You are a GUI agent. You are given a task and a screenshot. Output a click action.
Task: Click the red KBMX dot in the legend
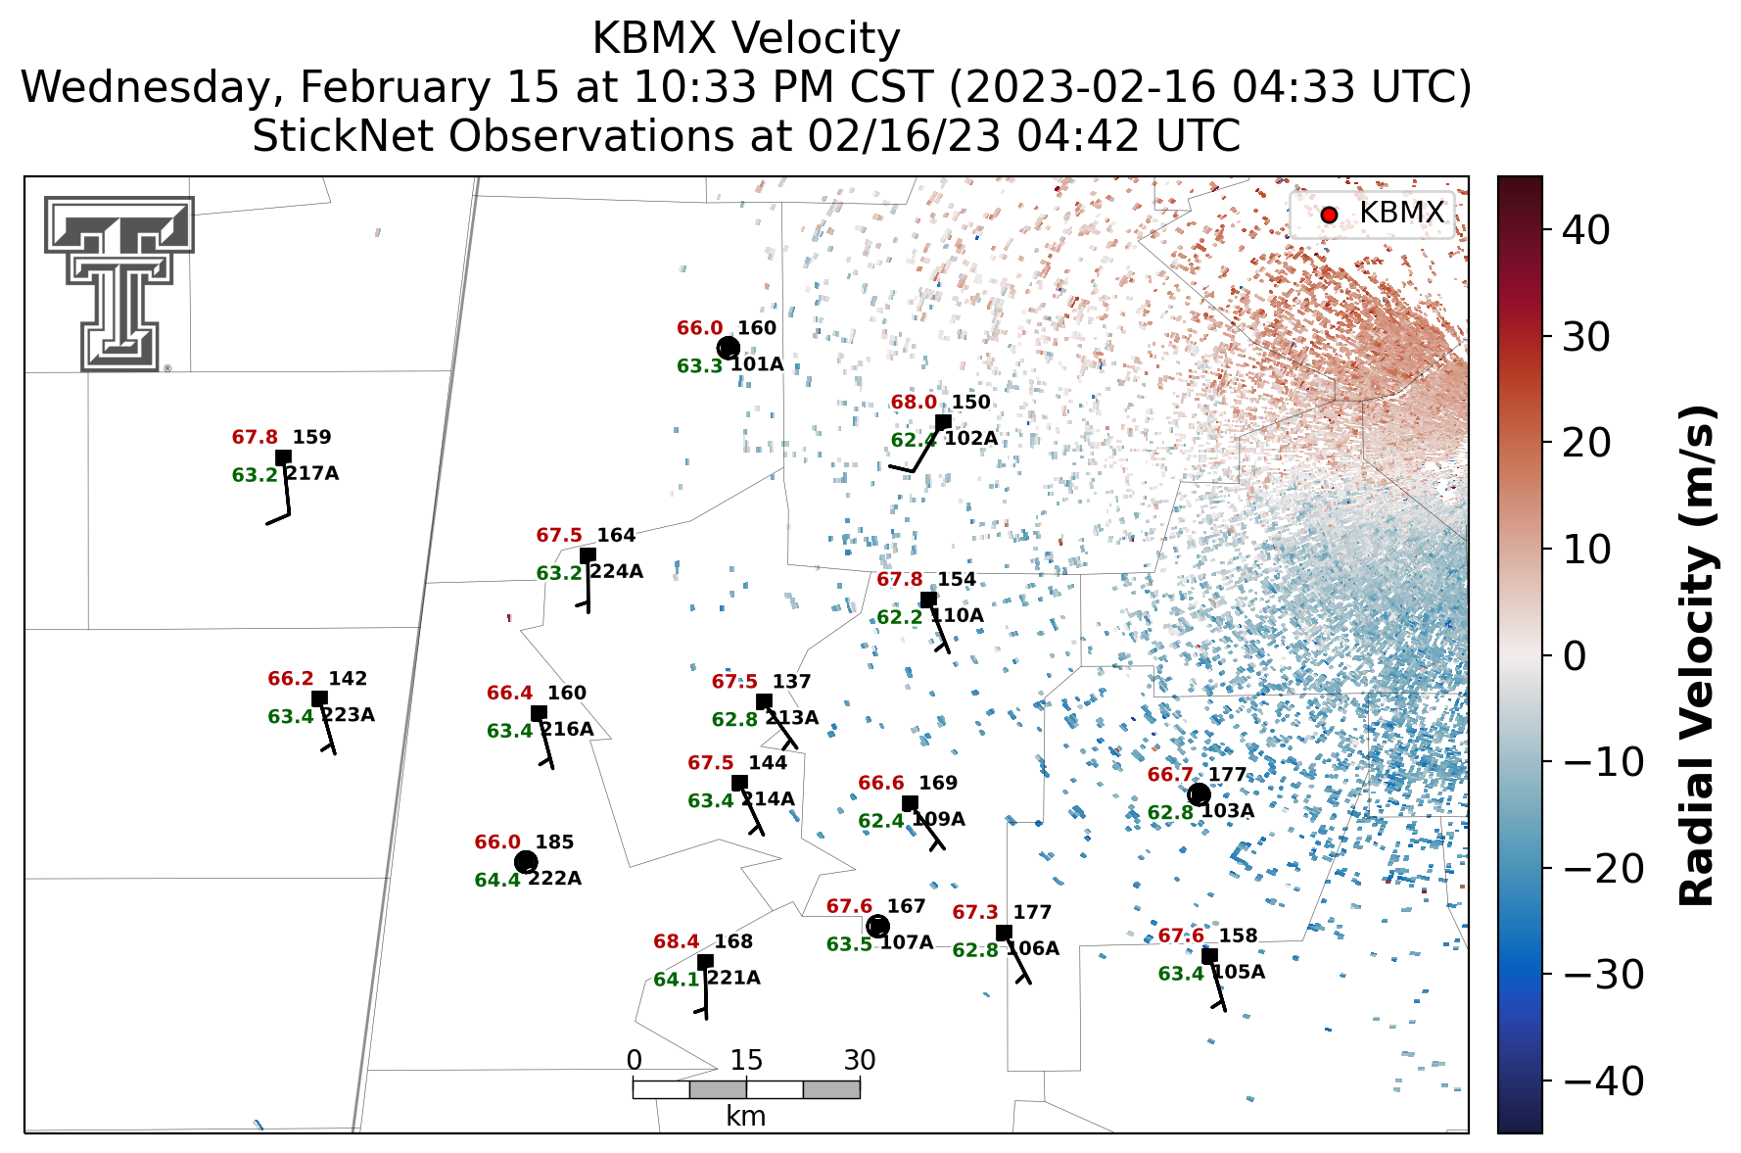pos(1329,215)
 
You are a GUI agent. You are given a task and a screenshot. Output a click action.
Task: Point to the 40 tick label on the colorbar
pos(1586,230)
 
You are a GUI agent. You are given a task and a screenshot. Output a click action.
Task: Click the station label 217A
pos(311,473)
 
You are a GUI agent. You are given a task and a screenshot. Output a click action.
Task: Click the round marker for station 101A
pos(729,348)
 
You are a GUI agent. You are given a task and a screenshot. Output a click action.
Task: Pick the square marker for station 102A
pos(943,422)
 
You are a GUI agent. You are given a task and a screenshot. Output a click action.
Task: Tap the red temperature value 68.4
pos(677,941)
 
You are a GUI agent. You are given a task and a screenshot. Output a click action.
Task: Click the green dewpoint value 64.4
pos(497,880)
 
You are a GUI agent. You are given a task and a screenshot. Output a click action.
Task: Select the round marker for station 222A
pos(526,862)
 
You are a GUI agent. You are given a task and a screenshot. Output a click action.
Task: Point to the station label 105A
pos(1239,972)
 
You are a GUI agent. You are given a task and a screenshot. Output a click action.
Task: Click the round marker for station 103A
pos(1199,794)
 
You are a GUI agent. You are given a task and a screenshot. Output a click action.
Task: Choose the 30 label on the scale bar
pos(860,1060)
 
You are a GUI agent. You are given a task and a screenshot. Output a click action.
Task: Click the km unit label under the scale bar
pos(746,1116)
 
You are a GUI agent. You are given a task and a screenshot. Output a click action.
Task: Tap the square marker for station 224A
pos(588,555)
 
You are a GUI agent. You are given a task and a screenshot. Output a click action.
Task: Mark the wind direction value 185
pos(555,842)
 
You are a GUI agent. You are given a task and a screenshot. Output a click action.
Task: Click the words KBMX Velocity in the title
pos(746,39)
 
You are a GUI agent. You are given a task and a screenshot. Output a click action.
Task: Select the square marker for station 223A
pos(319,698)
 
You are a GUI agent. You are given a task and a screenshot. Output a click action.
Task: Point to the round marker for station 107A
pos(878,926)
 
